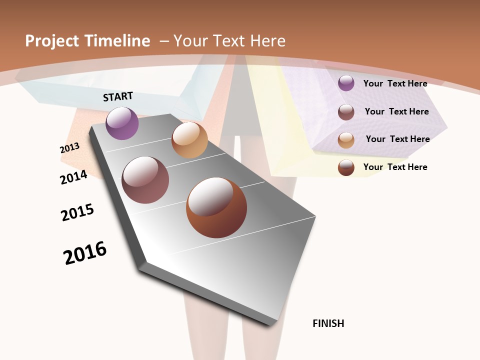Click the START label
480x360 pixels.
click(118, 96)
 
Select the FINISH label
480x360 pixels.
click(328, 323)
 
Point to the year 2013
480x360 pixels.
click(69, 148)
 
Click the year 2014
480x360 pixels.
click(74, 177)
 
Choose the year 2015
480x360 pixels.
click(77, 212)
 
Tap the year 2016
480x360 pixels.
click(85, 253)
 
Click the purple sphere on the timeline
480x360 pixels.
click(122, 123)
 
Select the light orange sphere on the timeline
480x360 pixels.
click(189, 140)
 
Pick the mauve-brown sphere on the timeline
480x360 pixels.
click(145, 180)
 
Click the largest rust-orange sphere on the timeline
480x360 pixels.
click(216, 207)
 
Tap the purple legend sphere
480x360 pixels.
click(346, 83)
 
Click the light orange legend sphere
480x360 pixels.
click(346, 140)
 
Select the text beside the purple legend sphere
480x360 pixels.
click(395, 83)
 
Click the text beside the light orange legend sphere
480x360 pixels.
click(397, 139)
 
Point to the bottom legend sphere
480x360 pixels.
click(346, 168)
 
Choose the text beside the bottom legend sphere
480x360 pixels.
click(395, 167)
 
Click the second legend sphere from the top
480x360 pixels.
click(346, 112)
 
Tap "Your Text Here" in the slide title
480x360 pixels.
click(229, 41)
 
